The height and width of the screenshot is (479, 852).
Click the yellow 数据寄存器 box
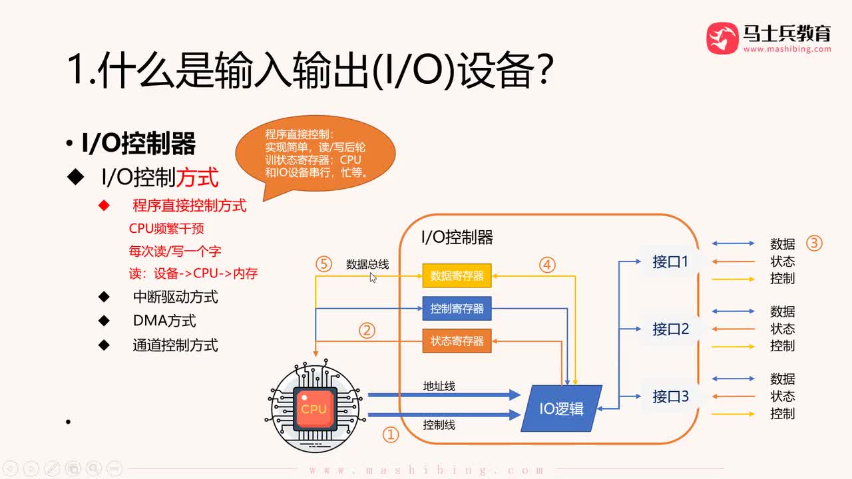(457, 275)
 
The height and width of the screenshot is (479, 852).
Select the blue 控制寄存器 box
(457, 309)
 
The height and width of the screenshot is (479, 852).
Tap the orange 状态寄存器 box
(457, 341)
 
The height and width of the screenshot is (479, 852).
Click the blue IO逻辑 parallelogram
(561, 408)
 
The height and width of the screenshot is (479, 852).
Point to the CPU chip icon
(313, 408)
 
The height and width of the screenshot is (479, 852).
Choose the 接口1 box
(670, 261)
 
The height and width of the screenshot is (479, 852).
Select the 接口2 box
(670, 329)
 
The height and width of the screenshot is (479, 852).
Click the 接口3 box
(670, 397)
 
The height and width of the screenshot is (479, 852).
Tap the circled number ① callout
(390, 434)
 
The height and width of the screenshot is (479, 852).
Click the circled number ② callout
(367, 330)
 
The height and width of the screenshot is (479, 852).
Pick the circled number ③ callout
(814, 243)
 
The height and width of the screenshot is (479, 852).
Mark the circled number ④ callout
(547, 265)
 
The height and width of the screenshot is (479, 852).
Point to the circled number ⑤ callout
(323, 264)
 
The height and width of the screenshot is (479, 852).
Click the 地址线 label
(439, 386)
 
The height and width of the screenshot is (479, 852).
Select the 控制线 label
(439, 424)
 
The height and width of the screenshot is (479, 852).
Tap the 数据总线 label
(367, 264)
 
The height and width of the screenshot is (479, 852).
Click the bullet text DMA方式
(164, 321)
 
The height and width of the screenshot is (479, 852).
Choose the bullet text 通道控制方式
(175, 345)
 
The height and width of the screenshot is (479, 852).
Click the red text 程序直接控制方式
(189, 206)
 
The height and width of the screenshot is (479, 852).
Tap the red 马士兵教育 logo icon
(722, 38)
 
